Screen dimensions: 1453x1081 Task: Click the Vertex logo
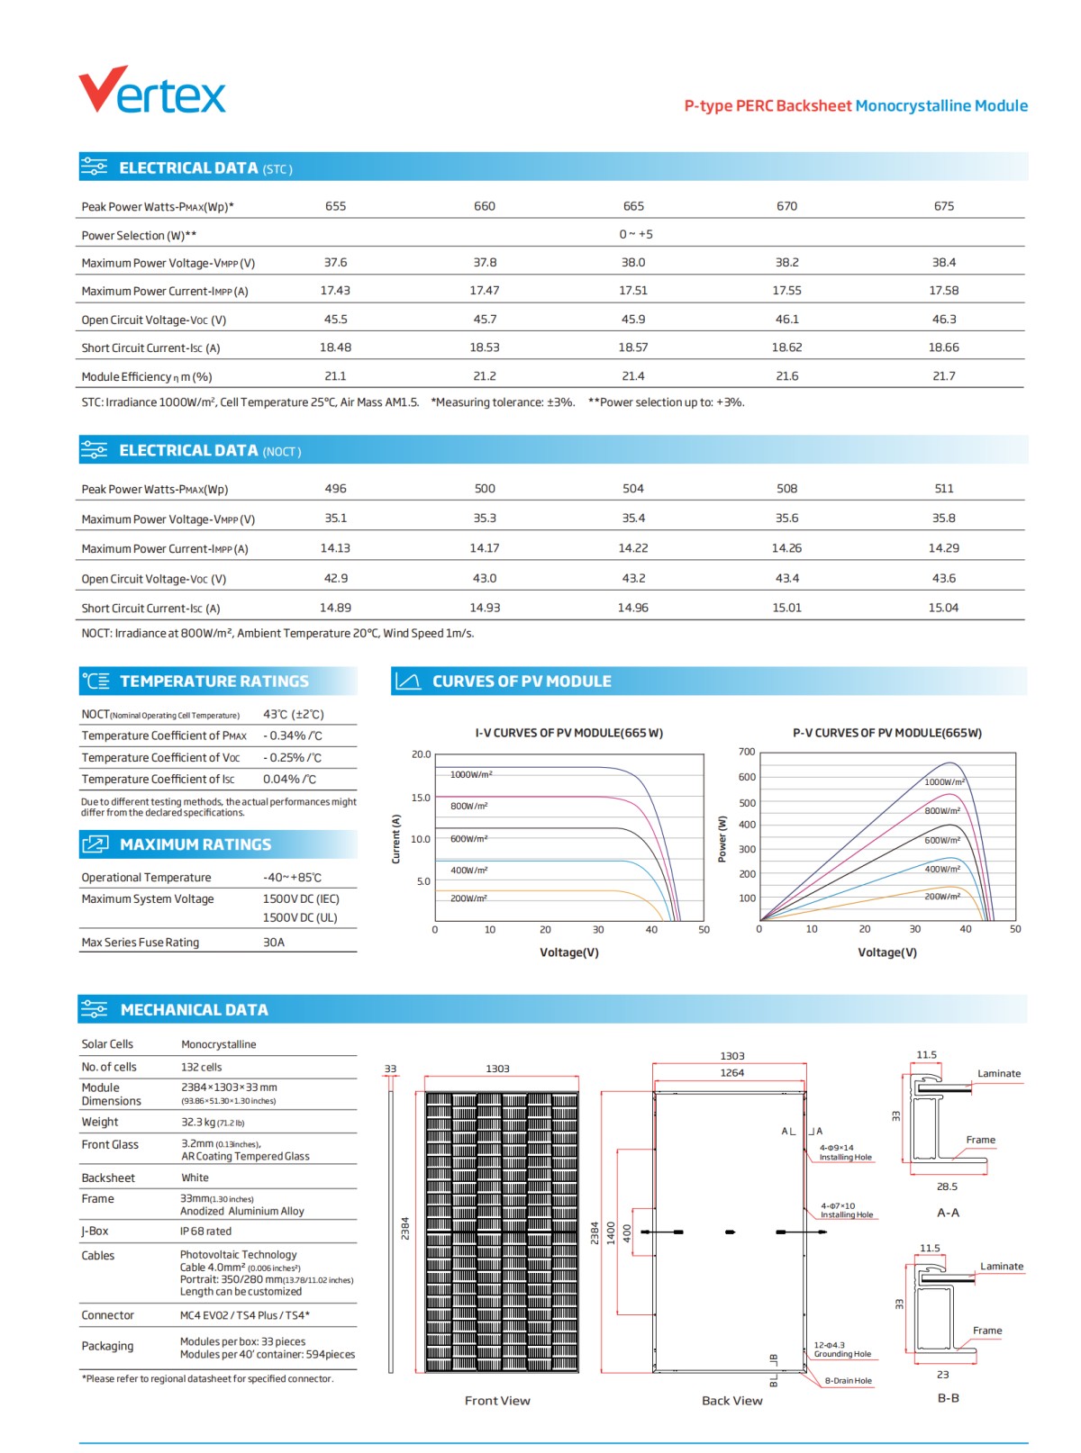pos(151,91)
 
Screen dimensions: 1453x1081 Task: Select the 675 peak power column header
pos(943,206)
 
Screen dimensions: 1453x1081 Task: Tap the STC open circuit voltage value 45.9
pos(632,320)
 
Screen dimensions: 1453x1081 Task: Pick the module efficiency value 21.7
pos(943,376)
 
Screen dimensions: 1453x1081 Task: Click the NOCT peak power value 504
pos(632,489)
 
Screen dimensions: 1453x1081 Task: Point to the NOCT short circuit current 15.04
pos(943,608)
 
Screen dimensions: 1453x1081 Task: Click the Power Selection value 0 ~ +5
pos(635,234)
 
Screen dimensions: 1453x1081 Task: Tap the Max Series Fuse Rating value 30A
pos(274,943)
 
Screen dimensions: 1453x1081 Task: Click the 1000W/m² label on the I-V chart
pos(471,774)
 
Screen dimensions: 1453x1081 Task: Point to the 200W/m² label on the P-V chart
pos(942,897)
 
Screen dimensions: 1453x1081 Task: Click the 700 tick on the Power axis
pos(747,752)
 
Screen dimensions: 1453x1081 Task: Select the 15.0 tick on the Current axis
pos(421,798)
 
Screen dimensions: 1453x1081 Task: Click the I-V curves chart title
pos(568,733)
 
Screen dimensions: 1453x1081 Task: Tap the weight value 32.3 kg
pos(213,1123)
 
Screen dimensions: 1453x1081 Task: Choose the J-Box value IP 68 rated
pos(205,1232)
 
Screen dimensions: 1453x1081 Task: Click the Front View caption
pos(497,1401)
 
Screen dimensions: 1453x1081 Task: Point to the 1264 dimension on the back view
pos(731,1073)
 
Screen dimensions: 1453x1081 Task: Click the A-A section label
pos(948,1213)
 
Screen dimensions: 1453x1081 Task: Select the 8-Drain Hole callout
pos(848,1381)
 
